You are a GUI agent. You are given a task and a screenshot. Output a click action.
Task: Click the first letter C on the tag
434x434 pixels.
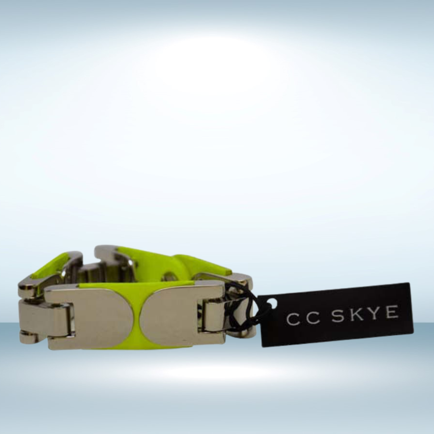coord(293,320)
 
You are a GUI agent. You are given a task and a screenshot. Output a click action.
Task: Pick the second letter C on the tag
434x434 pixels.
coord(313,318)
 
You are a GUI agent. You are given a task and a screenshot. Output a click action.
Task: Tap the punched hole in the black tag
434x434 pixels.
coord(273,303)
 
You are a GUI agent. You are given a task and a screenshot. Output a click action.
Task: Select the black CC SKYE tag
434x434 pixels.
coord(336,315)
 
